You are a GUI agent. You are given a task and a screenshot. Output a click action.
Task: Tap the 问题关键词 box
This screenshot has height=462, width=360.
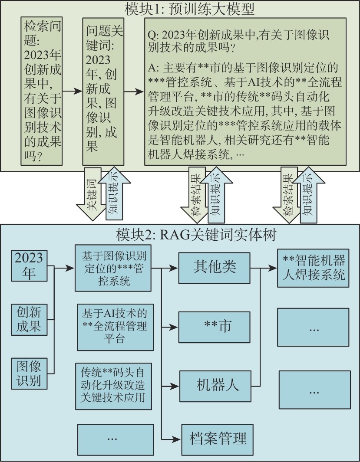[x=103, y=92]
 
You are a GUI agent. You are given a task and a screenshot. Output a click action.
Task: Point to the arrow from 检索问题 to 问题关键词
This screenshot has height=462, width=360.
[x=72, y=92]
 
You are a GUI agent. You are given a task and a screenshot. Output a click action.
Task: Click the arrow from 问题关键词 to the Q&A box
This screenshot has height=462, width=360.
[x=134, y=92]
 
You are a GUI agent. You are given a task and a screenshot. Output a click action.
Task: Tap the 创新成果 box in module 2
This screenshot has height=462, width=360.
[x=29, y=319]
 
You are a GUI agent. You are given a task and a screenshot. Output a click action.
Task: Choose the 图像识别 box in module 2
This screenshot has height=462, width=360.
[x=29, y=373]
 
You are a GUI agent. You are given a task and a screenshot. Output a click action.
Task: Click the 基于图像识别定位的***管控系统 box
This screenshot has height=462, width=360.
[x=113, y=269]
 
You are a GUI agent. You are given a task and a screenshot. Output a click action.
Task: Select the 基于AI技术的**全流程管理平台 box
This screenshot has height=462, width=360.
[x=115, y=327]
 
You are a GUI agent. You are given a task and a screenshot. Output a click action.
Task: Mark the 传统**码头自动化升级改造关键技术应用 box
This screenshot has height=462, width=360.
[x=113, y=386]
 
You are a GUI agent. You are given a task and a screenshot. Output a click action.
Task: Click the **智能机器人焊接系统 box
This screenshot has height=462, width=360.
[x=314, y=268]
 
